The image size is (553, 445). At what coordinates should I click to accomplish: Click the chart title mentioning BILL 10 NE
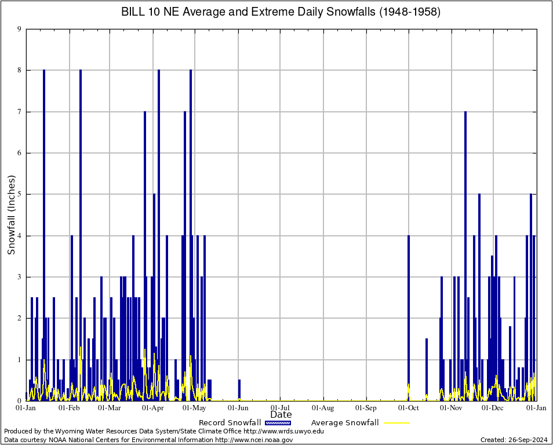(x=281, y=12)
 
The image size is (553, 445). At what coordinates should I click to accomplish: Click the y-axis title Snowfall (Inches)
(x=12, y=215)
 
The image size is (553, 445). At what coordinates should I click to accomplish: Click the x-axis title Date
(x=281, y=415)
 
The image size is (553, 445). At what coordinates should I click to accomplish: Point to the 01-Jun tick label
(x=238, y=408)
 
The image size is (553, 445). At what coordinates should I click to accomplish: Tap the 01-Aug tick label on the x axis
(x=323, y=408)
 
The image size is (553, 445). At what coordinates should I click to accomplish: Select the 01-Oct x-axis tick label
(x=409, y=408)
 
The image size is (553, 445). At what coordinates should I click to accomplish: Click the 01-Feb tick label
(x=69, y=408)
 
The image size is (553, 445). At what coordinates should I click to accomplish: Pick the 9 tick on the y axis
(x=19, y=29)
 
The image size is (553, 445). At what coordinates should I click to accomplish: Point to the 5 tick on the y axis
(x=19, y=194)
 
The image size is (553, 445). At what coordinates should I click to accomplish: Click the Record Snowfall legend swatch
(x=278, y=423)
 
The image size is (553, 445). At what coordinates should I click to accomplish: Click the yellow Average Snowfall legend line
(x=396, y=423)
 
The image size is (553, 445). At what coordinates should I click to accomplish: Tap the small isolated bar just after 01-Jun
(x=239, y=390)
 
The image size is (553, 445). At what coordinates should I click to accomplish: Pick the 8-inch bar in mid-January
(x=44, y=232)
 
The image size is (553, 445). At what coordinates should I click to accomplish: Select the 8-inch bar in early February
(x=81, y=232)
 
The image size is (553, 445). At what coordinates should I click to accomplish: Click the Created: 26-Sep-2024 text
(x=514, y=440)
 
